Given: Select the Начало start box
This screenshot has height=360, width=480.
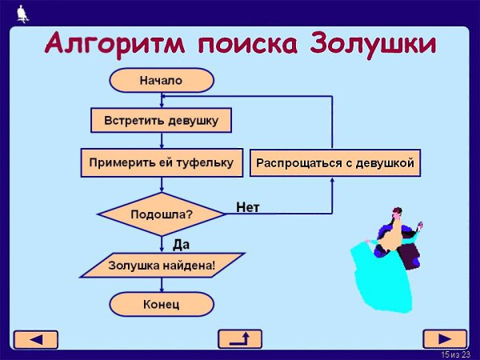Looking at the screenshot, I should (161, 80).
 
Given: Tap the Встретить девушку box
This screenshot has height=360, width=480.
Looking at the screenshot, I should (161, 121).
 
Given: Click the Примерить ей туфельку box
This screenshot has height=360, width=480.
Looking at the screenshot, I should (161, 162).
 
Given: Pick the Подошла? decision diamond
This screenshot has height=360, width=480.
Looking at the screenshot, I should (161, 214).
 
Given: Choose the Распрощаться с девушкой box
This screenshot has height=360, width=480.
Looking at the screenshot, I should (334, 163).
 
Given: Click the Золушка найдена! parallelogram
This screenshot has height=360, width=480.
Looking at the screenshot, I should (162, 264).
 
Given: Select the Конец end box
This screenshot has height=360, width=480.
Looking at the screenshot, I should (161, 304).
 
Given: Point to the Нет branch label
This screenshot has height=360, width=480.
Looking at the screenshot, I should (248, 207).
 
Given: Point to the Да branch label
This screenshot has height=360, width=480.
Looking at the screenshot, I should (181, 244).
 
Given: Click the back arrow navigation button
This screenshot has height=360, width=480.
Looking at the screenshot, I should (36, 338).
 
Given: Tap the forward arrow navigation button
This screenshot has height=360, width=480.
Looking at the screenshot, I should (444, 338).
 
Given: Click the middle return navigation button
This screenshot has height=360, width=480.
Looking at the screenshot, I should (240, 338).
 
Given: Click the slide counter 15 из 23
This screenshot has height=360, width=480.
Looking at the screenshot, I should (454, 354).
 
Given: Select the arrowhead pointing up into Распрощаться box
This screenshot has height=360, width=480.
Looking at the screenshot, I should (332, 182).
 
